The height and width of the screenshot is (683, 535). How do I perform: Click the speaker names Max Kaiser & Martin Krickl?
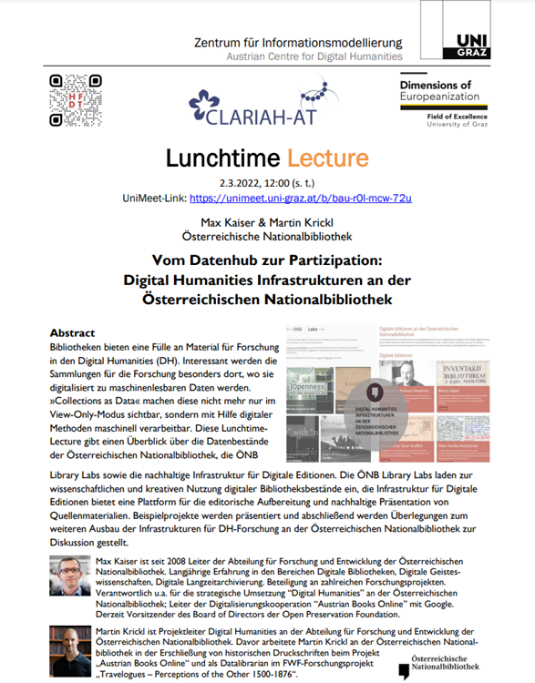click(266, 221)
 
